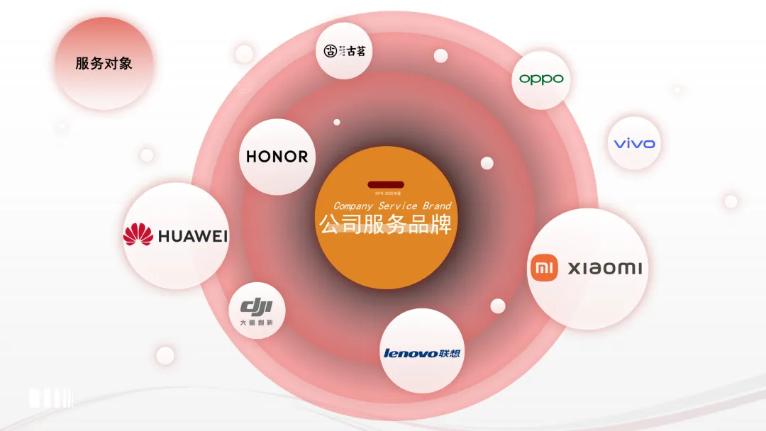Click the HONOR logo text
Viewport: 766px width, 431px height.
pyautogui.click(x=277, y=157)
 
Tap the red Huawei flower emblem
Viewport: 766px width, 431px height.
pyautogui.click(x=138, y=235)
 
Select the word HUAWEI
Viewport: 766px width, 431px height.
pyautogui.click(x=193, y=236)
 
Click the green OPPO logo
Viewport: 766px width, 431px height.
pyautogui.click(x=541, y=79)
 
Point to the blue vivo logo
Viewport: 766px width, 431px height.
pyautogui.click(x=634, y=144)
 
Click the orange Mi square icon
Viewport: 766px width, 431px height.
pyautogui.click(x=544, y=267)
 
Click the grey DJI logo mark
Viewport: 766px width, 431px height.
pyautogui.click(x=256, y=307)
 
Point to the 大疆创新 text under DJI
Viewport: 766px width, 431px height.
pyautogui.click(x=256, y=323)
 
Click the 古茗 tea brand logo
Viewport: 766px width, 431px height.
pyautogui.click(x=344, y=51)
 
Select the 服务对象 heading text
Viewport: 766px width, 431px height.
pyautogui.click(x=104, y=63)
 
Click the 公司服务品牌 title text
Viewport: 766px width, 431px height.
pyautogui.click(x=384, y=224)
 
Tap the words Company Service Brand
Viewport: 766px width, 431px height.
pyautogui.click(x=392, y=206)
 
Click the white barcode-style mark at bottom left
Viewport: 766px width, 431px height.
pyautogui.click(x=50, y=398)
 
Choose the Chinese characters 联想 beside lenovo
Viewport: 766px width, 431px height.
pyautogui.click(x=450, y=352)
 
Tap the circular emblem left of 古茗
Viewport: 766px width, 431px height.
pyautogui.click(x=331, y=51)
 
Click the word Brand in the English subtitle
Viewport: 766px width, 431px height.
pyautogui.click(x=438, y=206)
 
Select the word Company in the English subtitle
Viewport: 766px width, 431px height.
pyautogui.click(x=354, y=206)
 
